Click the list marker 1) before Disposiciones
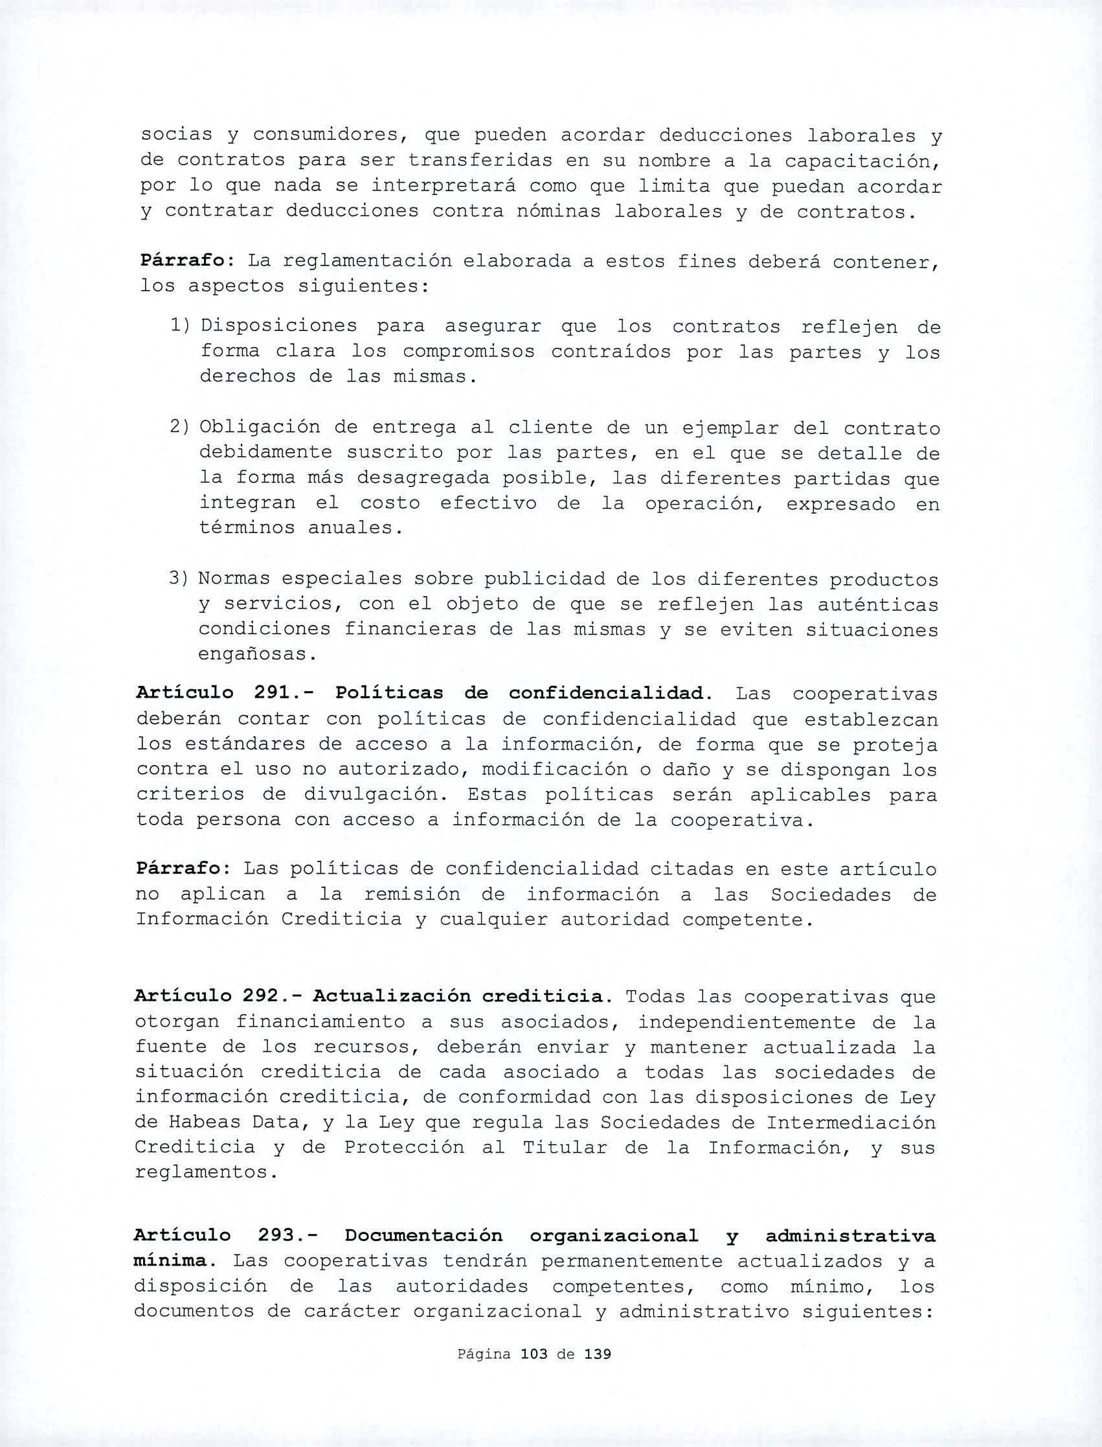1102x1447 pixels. tap(181, 326)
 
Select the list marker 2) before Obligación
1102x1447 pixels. tap(181, 427)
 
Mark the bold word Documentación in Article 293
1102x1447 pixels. tap(423, 1236)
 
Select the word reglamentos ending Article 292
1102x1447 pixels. tap(203, 1173)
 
